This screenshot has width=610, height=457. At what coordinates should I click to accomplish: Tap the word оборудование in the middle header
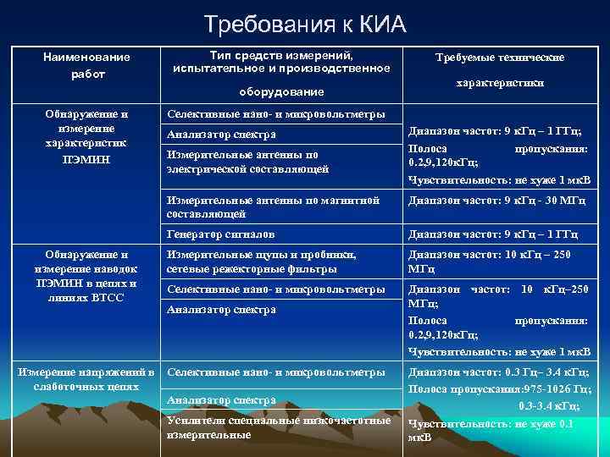[x=280, y=91]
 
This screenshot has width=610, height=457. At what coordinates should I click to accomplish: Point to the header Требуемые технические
[x=499, y=58]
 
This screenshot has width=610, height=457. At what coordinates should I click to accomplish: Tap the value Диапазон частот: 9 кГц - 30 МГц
[x=494, y=201]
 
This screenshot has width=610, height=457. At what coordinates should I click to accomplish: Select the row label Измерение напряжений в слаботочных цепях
[x=86, y=378]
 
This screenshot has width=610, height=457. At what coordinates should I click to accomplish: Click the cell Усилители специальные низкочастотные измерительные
[x=279, y=427]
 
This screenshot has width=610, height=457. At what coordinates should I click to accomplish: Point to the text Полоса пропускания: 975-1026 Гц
[x=499, y=388]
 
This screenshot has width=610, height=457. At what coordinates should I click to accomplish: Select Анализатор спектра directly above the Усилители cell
[x=221, y=399]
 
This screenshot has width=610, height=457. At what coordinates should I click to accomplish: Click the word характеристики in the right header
[x=500, y=84]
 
